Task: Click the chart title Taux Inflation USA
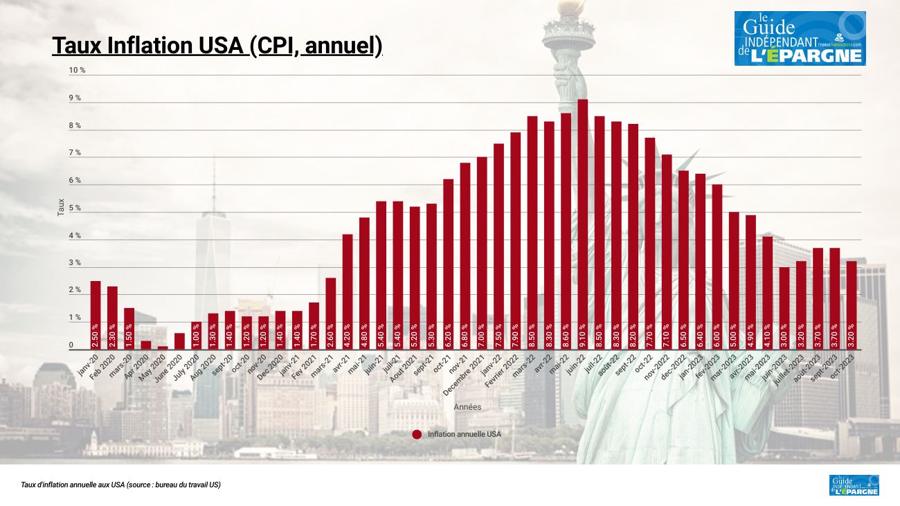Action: [217, 46]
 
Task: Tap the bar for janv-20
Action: [96, 315]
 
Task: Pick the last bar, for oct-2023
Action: [852, 305]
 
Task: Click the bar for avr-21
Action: [348, 291]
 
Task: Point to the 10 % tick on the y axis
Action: [77, 71]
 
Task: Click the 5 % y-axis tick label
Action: [75, 208]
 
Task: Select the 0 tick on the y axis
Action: [71, 345]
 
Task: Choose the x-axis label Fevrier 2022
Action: [502, 373]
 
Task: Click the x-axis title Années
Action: [467, 407]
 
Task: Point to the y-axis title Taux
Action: [61, 208]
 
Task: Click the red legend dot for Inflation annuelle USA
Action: [417, 434]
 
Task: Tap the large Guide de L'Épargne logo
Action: [800, 39]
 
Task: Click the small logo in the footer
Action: [854, 485]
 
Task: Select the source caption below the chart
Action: [121, 485]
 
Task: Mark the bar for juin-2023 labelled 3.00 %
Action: [784, 308]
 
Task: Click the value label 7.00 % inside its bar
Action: [482, 334]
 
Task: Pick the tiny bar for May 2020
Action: [163, 347]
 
